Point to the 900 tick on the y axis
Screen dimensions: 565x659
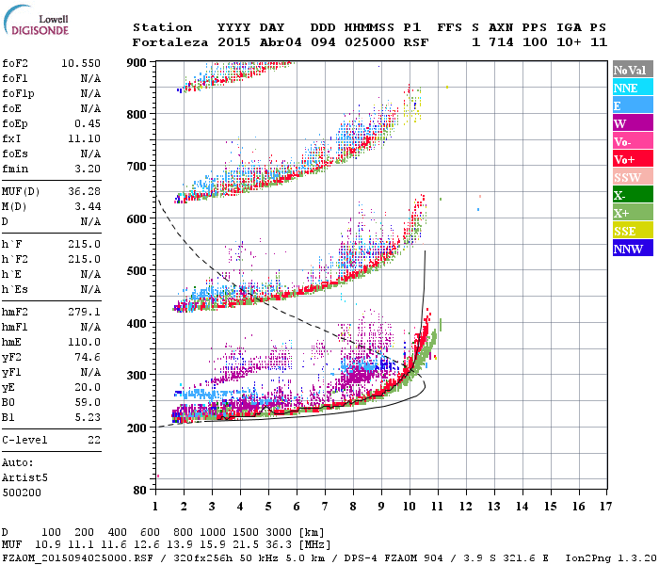[137, 62]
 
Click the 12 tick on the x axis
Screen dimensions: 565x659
[466, 508]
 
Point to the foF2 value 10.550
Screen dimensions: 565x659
[80, 63]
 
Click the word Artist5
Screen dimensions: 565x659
[24, 477]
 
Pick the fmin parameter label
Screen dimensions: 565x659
[16, 169]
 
